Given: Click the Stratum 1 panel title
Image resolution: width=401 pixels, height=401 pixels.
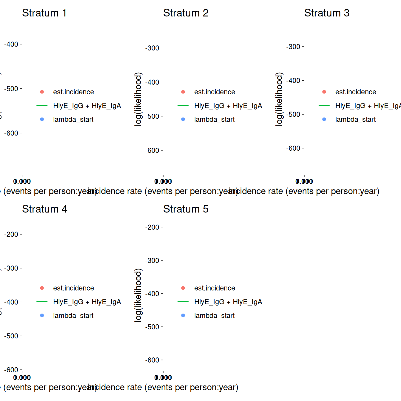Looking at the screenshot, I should pyautogui.click(x=44, y=13).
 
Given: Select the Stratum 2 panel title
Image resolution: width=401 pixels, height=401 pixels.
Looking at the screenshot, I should pyautogui.click(x=186, y=13).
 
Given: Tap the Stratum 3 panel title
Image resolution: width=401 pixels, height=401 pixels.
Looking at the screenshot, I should pyautogui.click(x=327, y=13).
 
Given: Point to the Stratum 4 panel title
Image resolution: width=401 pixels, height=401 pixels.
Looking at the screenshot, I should pyautogui.click(x=44, y=209).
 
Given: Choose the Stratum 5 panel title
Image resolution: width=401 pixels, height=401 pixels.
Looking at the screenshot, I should pyautogui.click(x=186, y=209).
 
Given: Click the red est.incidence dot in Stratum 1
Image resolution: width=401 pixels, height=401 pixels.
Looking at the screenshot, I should pyautogui.click(x=42, y=92).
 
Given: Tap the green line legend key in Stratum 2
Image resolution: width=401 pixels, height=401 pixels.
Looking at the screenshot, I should pyautogui.click(x=183, y=106).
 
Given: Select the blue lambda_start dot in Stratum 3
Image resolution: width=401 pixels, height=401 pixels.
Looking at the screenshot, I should pyautogui.click(x=324, y=119).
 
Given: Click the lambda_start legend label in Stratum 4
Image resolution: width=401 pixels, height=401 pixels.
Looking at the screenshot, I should pyautogui.click(x=73, y=316).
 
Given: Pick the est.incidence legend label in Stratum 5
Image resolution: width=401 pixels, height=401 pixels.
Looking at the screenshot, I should pyautogui.click(x=215, y=288).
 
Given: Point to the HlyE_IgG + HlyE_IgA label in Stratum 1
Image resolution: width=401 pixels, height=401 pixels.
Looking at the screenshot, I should pyautogui.click(x=87, y=106).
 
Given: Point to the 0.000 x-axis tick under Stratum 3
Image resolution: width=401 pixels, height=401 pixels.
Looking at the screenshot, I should pyautogui.click(x=304, y=181).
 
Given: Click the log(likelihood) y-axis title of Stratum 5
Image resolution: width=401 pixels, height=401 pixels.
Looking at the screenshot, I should pyautogui.click(x=138, y=295).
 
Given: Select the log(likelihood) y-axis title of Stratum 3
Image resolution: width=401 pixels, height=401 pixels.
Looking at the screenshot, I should pyautogui.click(x=279, y=99).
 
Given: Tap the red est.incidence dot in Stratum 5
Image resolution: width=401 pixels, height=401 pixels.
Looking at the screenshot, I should pyautogui.click(x=183, y=288).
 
